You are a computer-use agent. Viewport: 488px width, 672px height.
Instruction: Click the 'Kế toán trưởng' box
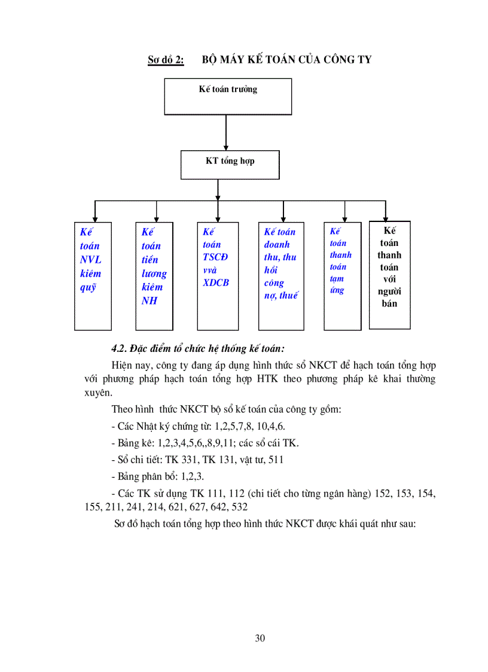(x=228, y=96)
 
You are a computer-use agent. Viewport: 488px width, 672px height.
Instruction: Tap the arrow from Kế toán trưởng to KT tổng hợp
(x=225, y=132)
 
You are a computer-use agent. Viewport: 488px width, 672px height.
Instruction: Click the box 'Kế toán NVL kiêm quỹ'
(x=93, y=276)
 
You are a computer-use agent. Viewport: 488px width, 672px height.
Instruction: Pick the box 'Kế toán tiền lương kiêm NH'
(x=154, y=276)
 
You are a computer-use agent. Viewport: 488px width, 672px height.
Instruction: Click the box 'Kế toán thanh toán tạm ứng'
(x=342, y=276)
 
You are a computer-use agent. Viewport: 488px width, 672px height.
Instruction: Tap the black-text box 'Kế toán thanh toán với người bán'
(x=389, y=275)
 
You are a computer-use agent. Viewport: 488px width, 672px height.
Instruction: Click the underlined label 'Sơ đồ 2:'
(x=166, y=60)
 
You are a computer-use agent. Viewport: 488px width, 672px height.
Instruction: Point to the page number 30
(x=260, y=638)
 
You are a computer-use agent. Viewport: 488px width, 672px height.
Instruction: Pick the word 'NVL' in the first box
(x=90, y=260)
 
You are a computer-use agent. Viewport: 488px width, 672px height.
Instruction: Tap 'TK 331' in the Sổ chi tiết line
(x=185, y=460)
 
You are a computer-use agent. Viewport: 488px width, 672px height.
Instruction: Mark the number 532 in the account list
(x=239, y=506)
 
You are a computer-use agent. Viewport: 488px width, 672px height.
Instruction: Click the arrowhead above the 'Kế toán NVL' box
(x=94, y=219)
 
